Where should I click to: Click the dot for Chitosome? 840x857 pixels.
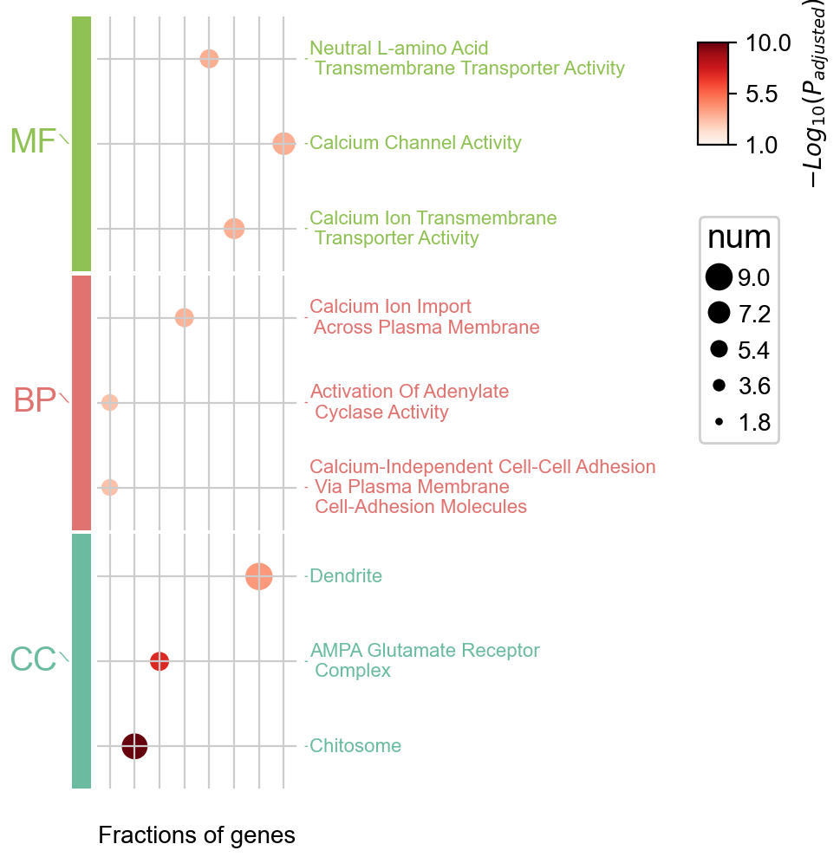pyautogui.click(x=134, y=746)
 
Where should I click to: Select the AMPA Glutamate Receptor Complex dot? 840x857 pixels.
pyautogui.click(x=160, y=661)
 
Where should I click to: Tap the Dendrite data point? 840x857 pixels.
pyautogui.click(x=259, y=576)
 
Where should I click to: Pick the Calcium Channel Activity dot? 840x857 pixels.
pyautogui.click(x=283, y=144)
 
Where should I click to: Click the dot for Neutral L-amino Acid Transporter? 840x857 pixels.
pyautogui.click(x=209, y=59)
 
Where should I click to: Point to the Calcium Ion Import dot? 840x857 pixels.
pyautogui.click(x=184, y=318)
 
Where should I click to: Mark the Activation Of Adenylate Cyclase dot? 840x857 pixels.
pyautogui.click(x=109, y=402)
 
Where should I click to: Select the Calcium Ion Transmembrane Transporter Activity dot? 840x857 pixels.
pyautogui.click(x=234, y=229)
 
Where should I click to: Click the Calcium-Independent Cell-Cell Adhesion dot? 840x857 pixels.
pyautogui.click(x=109, y=487)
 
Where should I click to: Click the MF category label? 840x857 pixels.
pyautogui.click(x=33, y=142)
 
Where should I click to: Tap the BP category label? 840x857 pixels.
pyautogui.click(x=35, y=401)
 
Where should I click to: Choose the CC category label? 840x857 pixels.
pyautogui.click(x=33, y=660)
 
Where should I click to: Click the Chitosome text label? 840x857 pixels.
pyautogui.click(x=355, y=746)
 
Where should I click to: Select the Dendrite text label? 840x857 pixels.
pyautogui.click(x=346, y=576)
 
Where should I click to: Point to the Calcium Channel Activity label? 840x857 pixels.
pyautogui.click(x=415, y=143)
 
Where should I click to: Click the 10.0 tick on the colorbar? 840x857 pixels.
pyautogui.click(x=768, y=42)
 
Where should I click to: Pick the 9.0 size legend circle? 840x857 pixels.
pyautogui.click(x=719, y=277)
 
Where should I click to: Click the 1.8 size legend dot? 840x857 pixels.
pyautogui.click(x=719, y=423)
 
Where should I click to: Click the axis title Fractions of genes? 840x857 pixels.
pyautogui.click(x=197, y=835)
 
